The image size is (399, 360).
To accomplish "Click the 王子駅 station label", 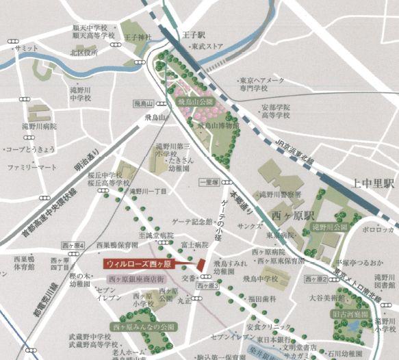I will click(190, 34).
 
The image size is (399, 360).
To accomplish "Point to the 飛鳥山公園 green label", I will click(196, 101).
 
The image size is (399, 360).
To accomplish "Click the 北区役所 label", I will click(84, 52).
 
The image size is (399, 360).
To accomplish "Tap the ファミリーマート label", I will click(31, 166).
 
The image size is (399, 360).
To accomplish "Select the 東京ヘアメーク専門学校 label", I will click(261, 83).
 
